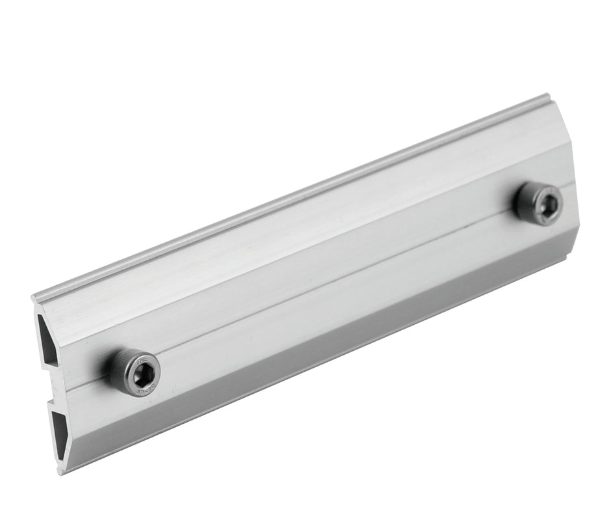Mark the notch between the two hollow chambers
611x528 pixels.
pos(52,384)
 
